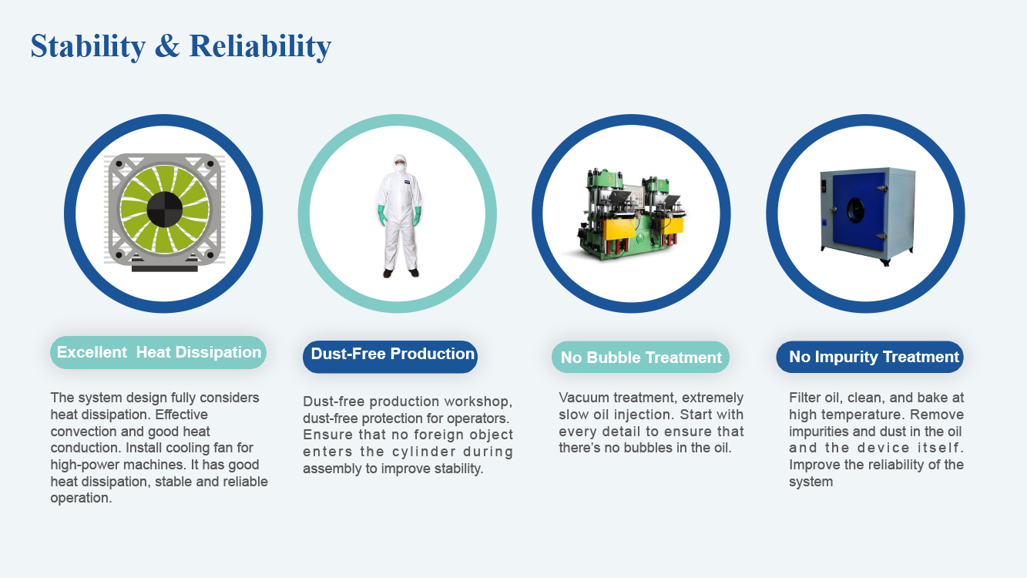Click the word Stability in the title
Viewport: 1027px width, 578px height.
point(88,46)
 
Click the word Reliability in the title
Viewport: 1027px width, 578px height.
point(260,46)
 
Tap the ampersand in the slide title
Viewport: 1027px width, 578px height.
point(167,45)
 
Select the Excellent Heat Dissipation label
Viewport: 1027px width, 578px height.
point(158,352)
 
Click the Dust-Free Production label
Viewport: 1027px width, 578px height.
point(390,356)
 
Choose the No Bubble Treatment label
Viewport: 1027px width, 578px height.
point(640,357)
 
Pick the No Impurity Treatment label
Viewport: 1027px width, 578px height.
point(870,356)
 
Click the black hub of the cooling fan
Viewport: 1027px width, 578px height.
point(165,209)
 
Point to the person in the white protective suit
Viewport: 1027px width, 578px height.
point(400,216)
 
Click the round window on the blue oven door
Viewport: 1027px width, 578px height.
point(855,210)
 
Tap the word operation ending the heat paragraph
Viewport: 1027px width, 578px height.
point(81,499)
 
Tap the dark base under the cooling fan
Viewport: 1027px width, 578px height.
point(165,268)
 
